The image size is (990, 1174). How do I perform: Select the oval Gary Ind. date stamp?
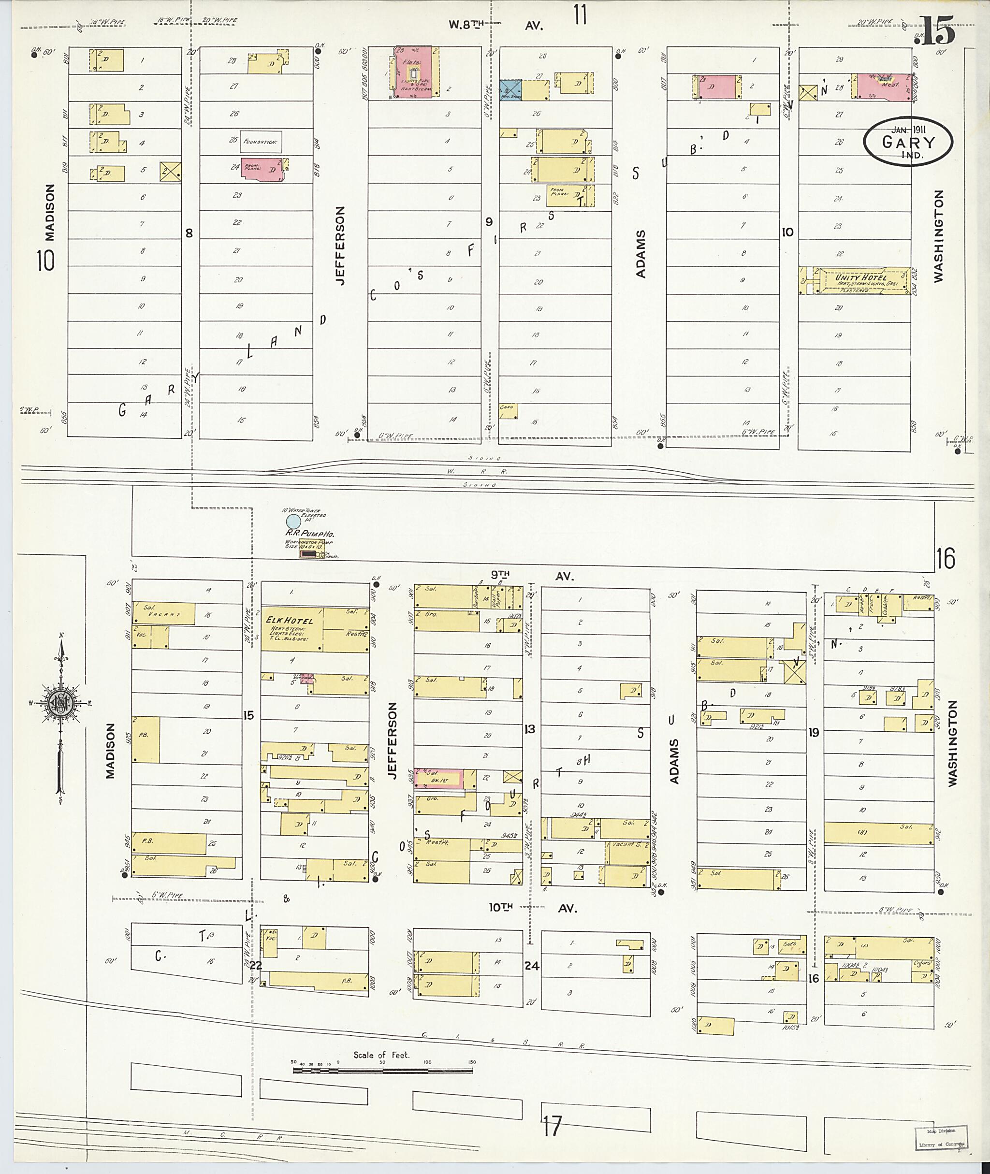click(x=907, y=143)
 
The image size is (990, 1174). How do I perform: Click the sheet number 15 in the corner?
click(x=937, y=32)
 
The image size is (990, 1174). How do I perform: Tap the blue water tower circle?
click(x=293, y=522)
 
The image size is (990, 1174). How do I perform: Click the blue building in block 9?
click(x=511, y=90)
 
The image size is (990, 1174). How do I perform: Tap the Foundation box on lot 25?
click(x=261, y=142)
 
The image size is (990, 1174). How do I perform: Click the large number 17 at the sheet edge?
click(x=552, y=1126)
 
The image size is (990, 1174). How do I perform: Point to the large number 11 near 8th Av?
click(x=580, y=14)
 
